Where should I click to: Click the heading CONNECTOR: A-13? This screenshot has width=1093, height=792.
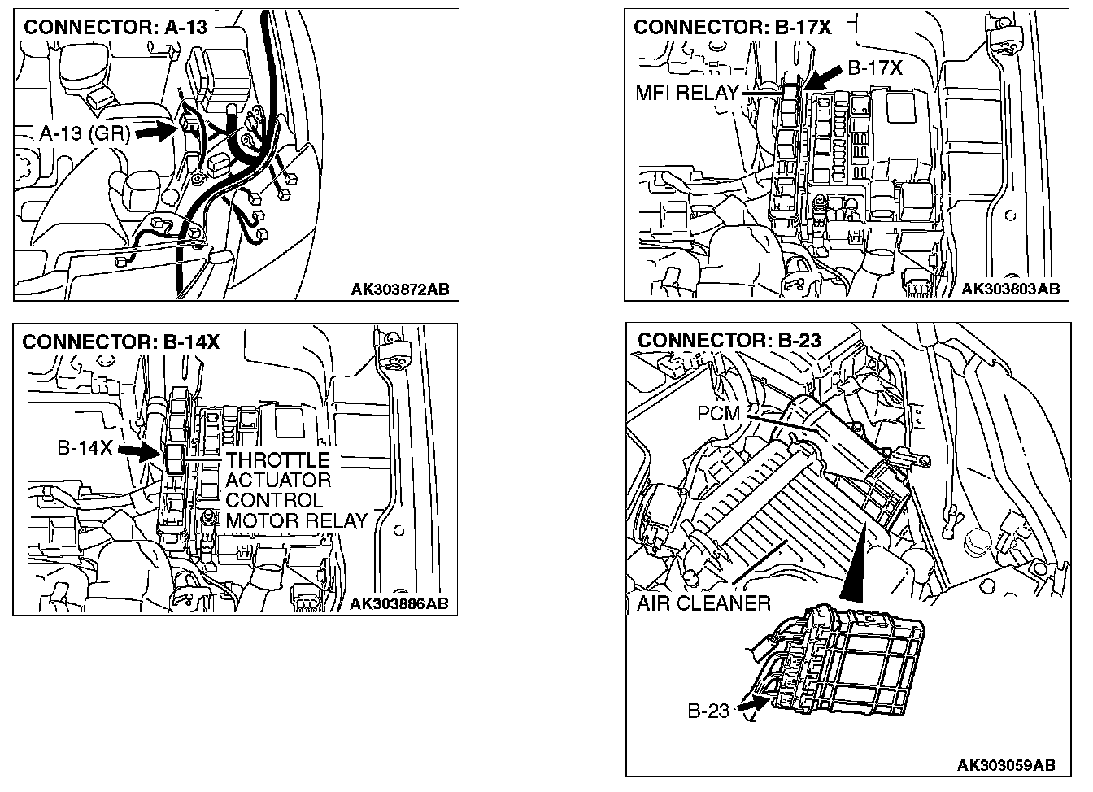[115, 27]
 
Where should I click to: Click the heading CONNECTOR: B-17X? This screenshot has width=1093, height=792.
[732, 27]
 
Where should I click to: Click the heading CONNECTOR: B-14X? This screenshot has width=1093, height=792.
[120, 342]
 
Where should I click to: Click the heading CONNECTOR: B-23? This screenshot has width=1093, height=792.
[729, 340]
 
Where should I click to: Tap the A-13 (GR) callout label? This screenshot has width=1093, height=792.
[85, 133]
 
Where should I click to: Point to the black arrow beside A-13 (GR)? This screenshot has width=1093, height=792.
[156, 131]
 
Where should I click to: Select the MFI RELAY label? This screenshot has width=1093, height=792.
[686, 93]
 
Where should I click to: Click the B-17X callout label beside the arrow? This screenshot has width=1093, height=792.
[875, 68]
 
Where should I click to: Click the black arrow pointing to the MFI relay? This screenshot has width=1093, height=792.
[825, 77]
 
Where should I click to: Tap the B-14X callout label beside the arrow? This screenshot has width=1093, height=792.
[85, 448]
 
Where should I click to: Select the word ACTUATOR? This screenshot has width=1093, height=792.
[277, 480]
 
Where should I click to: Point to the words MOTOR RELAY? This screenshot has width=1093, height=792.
[296, 520]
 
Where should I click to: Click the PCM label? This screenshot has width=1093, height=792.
[719, 414]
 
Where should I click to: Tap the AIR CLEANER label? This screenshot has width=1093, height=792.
[703, 603]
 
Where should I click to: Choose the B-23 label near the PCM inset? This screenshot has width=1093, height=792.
[708, 711]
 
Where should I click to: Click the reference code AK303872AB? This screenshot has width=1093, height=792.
[400, 289]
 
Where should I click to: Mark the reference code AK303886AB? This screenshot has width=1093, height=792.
[398, 603]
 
